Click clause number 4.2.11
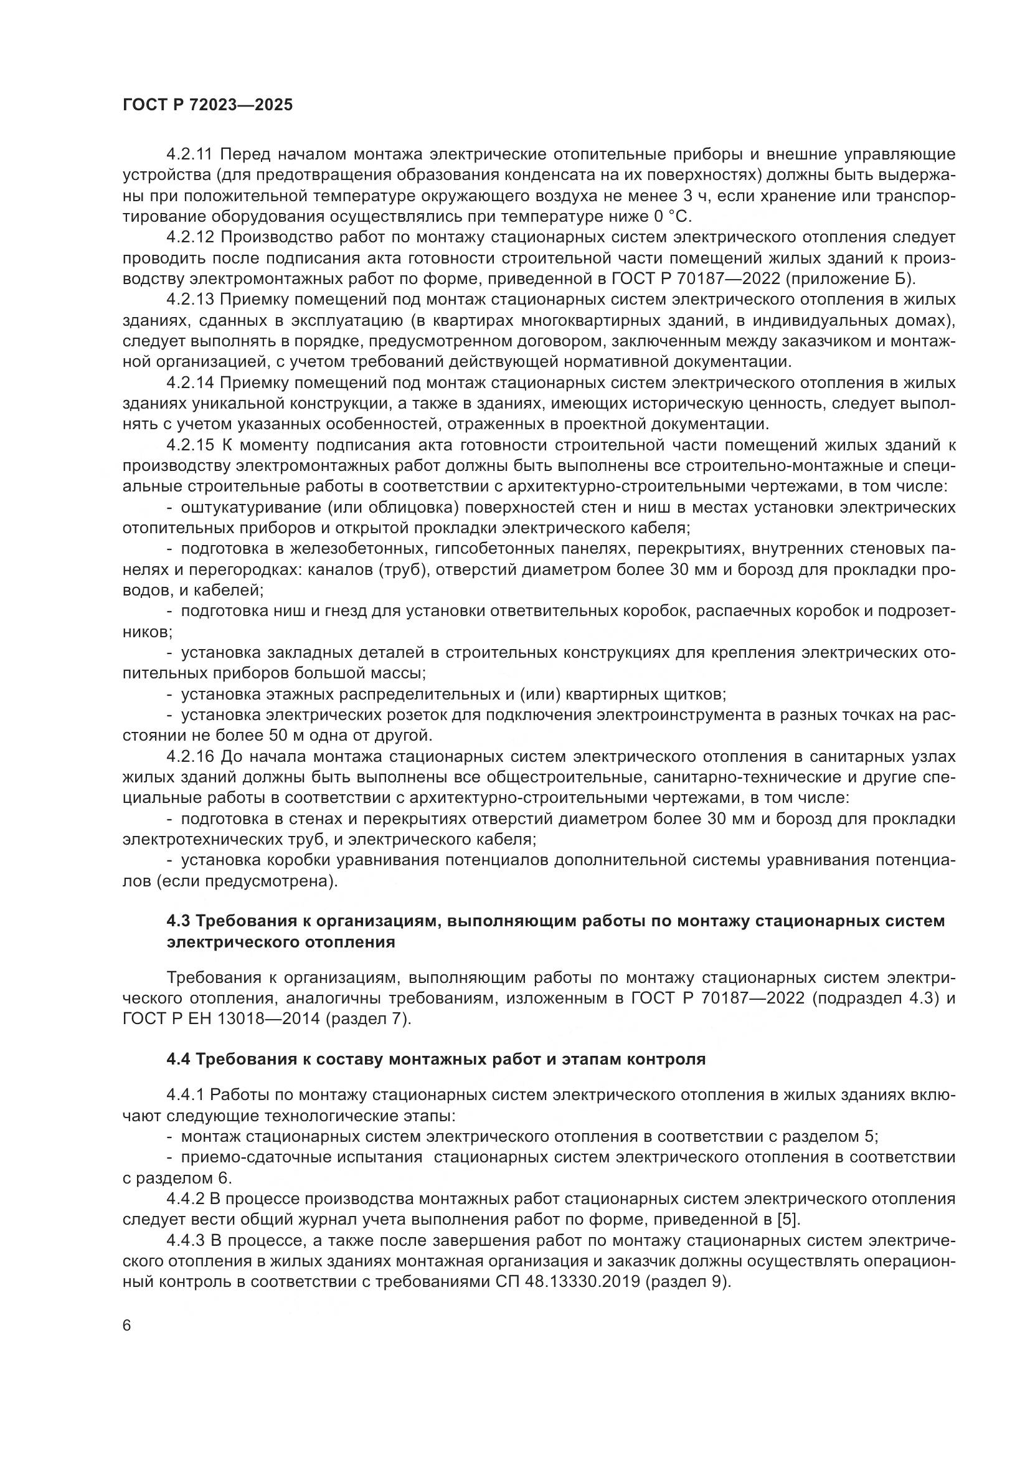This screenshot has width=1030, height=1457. (192, 154)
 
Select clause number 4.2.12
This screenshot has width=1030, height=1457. (192, 237)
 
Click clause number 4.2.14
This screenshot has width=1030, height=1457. (192, 382)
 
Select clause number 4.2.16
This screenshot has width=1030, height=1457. (192, 756)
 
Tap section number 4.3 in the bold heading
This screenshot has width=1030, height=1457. (179, 921)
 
